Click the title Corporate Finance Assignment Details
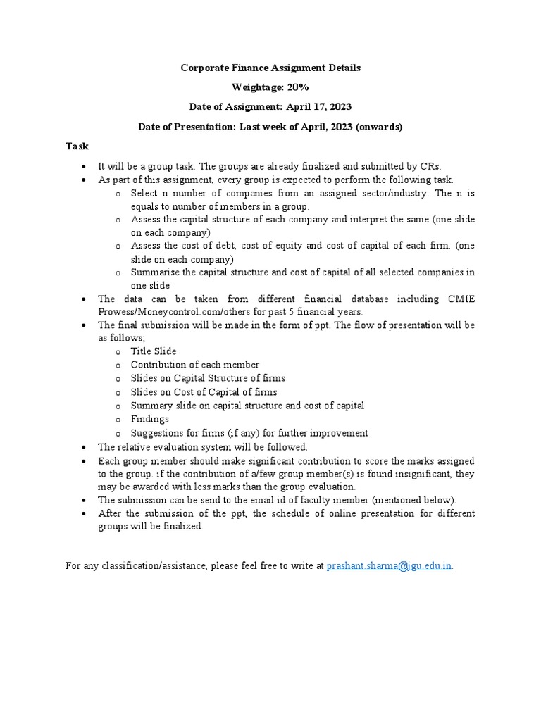point(270,68)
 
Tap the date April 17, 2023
point(318,106)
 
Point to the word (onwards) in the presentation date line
point(380,127)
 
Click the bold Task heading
point(77,146)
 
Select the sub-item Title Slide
point(154,351)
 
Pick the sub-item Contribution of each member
point(195,365)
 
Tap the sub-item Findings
point(150,419)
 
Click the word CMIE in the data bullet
point(461,299)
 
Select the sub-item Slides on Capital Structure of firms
point(208,378)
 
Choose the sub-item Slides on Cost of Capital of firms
point(204,392)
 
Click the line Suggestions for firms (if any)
point(249,433)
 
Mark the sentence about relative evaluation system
point(203,447)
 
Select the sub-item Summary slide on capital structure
point(247,406)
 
